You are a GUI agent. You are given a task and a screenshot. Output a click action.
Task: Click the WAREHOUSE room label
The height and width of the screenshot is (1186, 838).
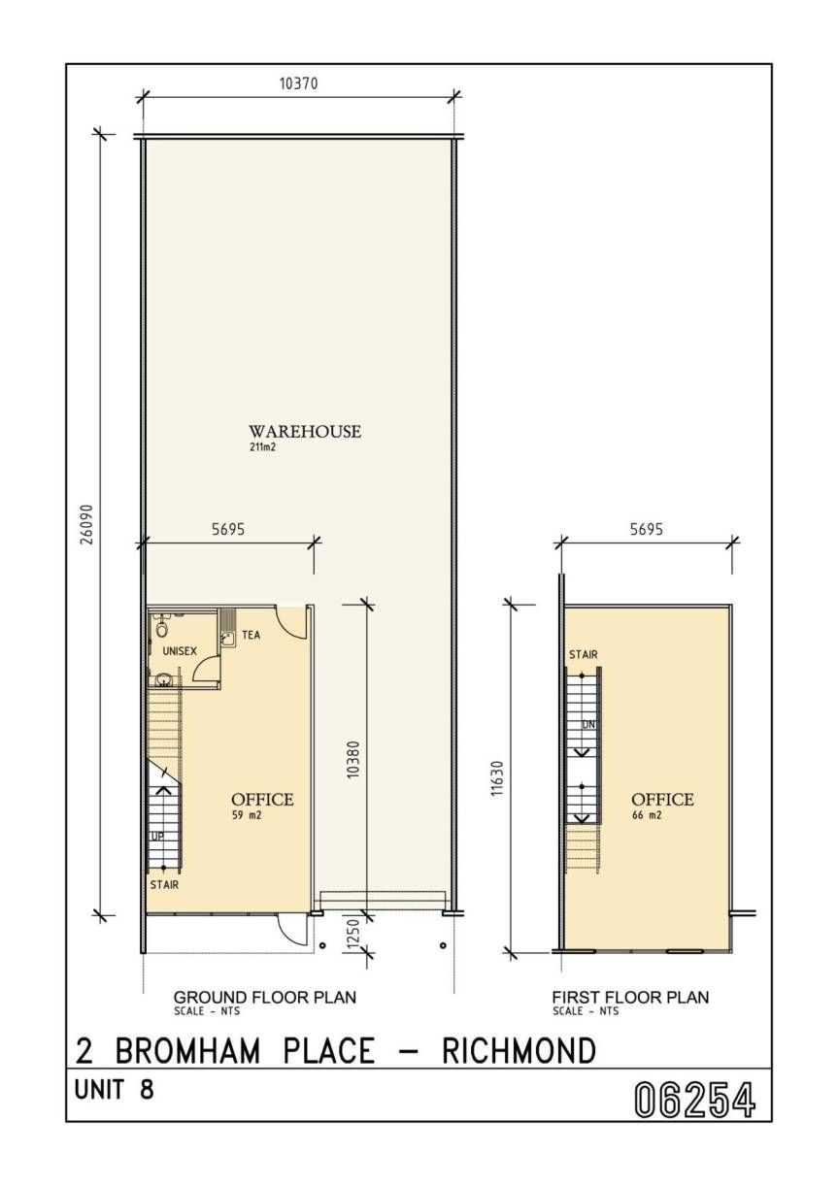point(305,432)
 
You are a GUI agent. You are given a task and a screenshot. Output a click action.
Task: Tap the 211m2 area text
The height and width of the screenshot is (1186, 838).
point(263,447)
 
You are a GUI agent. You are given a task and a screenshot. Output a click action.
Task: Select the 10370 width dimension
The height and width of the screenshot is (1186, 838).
point(299,83)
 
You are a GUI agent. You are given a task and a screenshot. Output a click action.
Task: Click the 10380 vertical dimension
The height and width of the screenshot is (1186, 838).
point(353,759)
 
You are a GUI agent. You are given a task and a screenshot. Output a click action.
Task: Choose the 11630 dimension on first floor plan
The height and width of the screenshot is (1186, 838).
point(496,778)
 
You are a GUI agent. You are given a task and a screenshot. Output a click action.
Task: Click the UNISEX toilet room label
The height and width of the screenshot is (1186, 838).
point(180,651)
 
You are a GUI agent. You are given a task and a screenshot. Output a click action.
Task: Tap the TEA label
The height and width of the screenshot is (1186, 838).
point(251,635)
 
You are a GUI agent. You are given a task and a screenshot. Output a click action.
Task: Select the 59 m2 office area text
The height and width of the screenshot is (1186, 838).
point(247,815)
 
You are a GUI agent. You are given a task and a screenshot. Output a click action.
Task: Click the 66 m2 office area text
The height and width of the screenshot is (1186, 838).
point(647,815)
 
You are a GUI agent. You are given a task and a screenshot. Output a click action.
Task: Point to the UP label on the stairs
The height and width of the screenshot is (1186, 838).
point(157,837)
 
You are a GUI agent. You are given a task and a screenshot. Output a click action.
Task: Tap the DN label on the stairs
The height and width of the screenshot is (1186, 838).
point(588,725)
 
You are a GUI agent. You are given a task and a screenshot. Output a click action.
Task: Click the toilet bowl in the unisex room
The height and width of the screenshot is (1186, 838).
point(161,629)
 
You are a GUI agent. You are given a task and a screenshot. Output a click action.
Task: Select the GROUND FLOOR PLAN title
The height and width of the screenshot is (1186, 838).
point(265,998)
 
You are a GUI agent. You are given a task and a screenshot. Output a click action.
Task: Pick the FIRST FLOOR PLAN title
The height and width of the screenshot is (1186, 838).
point(630,998)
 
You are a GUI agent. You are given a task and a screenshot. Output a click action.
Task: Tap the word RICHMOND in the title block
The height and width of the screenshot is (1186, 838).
point(520,1050)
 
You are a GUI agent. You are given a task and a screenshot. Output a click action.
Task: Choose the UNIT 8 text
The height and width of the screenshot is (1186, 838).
point(115,1090)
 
